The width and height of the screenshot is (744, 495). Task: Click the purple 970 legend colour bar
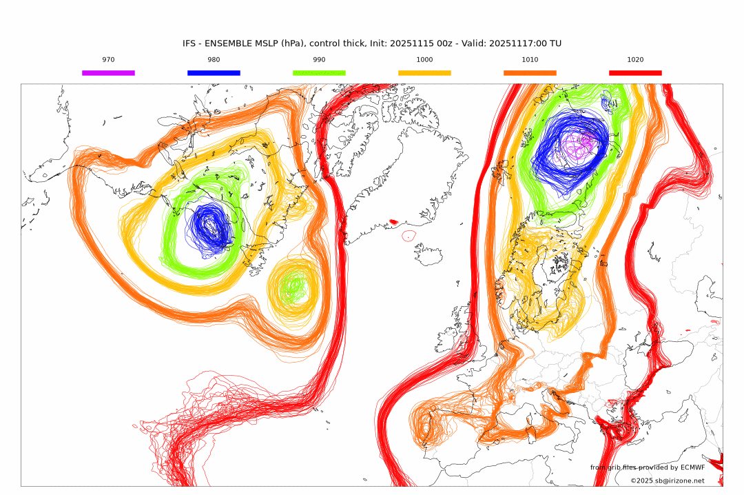point(108,72)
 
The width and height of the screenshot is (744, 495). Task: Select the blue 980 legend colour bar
point(214,72)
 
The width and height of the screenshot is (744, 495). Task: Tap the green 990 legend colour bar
point(319,72)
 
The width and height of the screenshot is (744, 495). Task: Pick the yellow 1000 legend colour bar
point(424,72)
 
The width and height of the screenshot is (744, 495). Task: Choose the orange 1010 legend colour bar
point(530,72)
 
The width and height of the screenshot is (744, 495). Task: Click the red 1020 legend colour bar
point(635,72)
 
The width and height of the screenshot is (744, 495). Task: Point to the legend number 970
point(108,60)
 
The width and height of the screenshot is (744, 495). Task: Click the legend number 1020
point(635,60)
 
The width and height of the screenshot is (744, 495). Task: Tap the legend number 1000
point(424,60)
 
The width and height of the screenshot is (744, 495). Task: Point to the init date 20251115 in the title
point(412,43)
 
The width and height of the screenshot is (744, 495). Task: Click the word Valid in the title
point(473,43)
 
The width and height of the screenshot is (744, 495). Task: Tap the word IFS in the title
point(189,43)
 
